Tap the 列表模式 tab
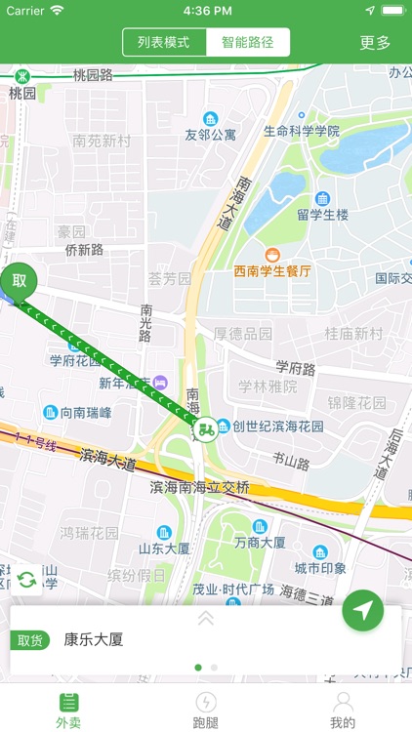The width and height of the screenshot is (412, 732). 164,43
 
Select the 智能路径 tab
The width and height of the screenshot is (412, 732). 248,43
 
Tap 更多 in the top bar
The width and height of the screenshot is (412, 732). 375,43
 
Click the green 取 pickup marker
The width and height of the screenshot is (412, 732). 19,281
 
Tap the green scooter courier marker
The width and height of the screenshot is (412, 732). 205,428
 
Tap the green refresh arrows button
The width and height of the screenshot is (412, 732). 26,580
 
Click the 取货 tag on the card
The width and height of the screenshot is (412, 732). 30,640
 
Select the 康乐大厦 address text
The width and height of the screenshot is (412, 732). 94,640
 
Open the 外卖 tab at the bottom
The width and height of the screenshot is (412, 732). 68,710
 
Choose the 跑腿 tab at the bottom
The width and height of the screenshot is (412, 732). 206,710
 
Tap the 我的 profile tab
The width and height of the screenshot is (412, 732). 343,710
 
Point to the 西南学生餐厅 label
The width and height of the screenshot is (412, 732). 271,270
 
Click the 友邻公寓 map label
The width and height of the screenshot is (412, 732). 211,135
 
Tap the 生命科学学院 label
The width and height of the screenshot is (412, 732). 302,131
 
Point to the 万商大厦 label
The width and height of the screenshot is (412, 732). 260,542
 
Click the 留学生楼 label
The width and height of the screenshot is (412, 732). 323,215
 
